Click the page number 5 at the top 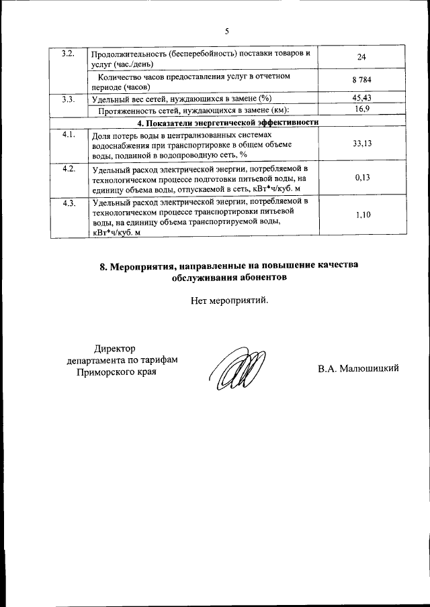(x=226, y=31)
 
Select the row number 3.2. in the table (x=68, y=52)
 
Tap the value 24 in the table (x=361, y=58)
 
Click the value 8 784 (x=361, y=81)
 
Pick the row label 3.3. (x=68, y=99)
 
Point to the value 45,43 (x=361, y=99)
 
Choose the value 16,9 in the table (x=361, y=110)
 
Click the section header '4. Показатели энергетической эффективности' (x=227, y=122)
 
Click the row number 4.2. (x=69, y=168)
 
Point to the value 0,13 (x=361, y=178)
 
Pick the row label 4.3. (x=69, y=203)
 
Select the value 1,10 (x=361, y=215)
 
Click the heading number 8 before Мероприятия (x=103, y=265)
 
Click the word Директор (x=115, y=348)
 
